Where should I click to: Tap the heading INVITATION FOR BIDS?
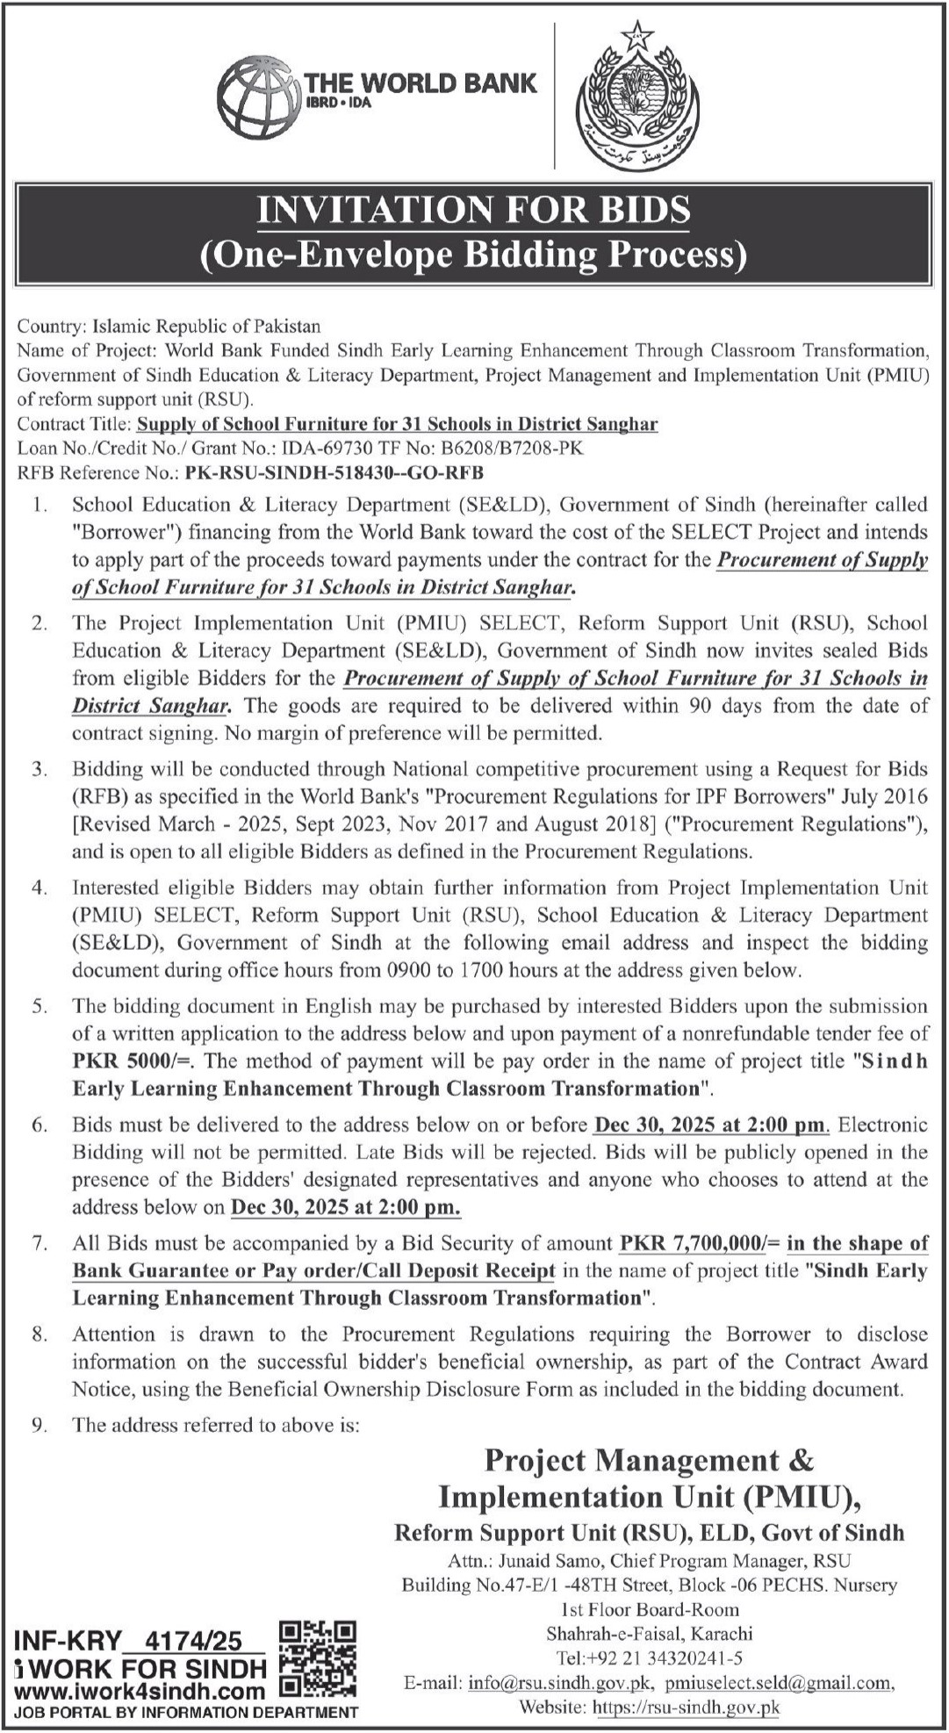473,211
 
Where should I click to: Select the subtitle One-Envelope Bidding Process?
473,255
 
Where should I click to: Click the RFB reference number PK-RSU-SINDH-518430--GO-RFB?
334,473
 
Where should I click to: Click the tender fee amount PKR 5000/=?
133,1061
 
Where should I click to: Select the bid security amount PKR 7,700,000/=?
700,1243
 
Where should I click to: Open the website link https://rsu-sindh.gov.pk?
687,1708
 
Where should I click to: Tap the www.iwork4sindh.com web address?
140,1692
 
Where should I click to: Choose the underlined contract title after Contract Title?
398,424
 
